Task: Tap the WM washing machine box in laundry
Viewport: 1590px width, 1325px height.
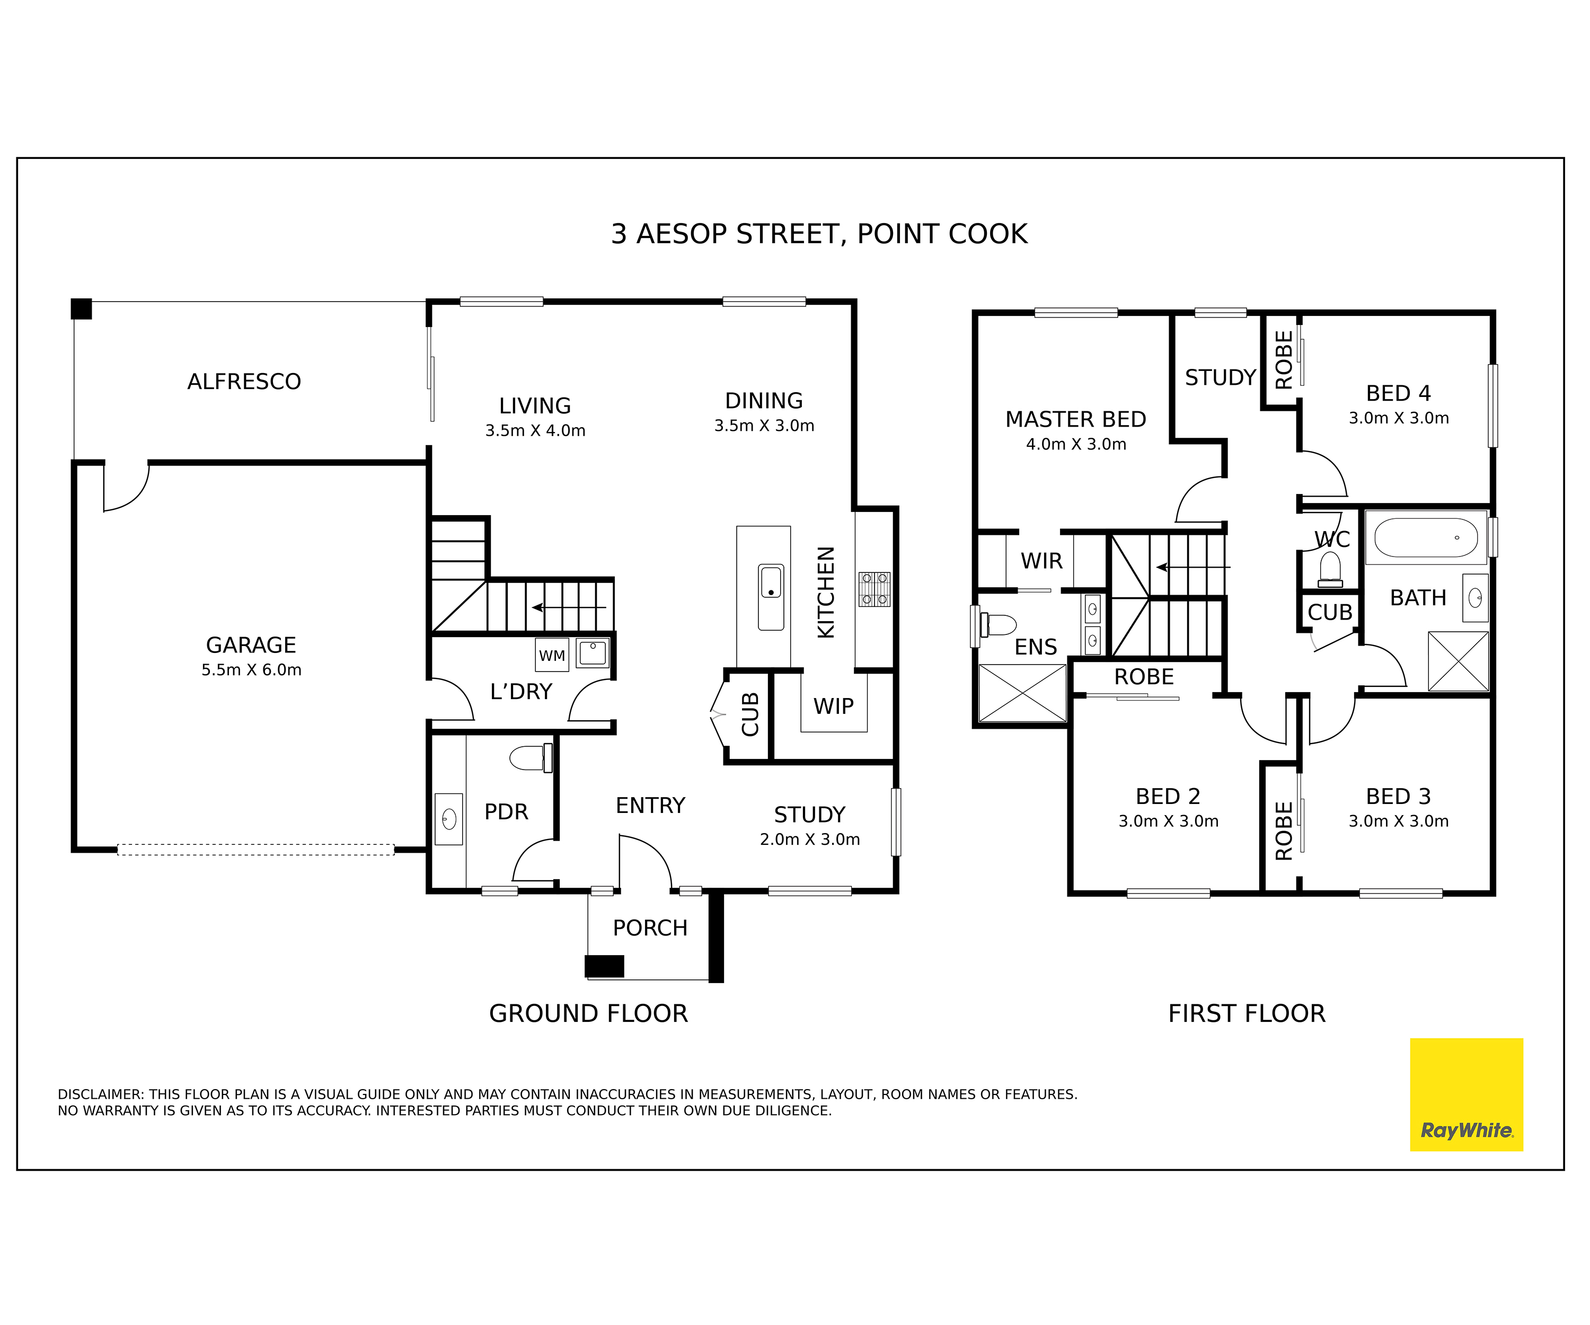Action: point(552,656)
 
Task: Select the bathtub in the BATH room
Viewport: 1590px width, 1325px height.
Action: point(1426,537)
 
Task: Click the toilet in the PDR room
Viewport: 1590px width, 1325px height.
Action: point(531,757)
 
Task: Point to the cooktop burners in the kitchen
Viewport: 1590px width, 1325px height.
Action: point(874,589)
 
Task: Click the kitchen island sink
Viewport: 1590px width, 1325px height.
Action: point(771,597)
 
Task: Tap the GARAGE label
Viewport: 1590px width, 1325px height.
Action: point(251,645)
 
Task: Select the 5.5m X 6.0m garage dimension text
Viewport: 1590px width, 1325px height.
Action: point(251,670)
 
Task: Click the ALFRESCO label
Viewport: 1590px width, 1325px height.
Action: point(244,382)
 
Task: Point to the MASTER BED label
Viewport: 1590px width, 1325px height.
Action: point(1075,419)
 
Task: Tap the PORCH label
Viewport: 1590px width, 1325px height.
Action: point(650,928)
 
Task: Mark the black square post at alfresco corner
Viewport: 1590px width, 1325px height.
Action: point(81,309)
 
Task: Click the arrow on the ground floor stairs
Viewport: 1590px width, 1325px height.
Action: point(568,607)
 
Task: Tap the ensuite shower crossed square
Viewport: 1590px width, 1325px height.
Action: point(1022,693)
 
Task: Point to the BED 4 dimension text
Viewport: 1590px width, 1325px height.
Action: point(1399,419)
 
